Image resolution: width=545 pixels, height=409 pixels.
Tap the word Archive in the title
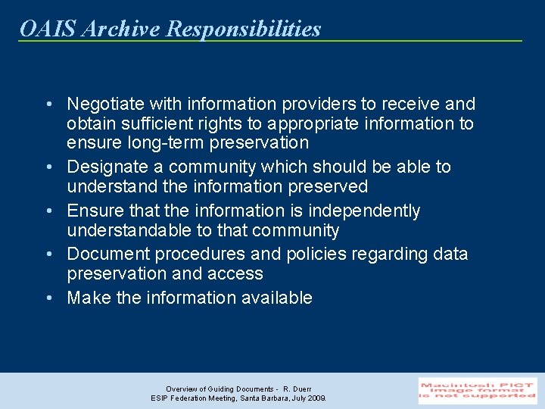[120, 29]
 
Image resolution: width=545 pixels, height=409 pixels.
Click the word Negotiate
[105, 104]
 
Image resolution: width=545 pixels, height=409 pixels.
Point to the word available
[276, 298]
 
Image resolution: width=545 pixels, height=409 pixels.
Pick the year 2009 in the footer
[316, 398]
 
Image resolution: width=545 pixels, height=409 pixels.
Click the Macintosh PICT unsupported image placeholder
[478, 391]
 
